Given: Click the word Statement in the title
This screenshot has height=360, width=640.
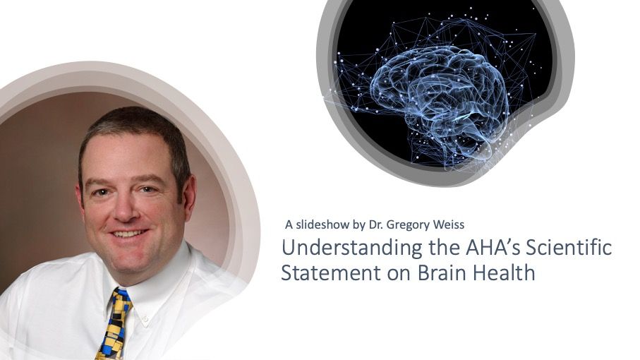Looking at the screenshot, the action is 331,272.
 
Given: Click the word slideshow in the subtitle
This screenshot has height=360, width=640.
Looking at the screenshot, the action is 322,224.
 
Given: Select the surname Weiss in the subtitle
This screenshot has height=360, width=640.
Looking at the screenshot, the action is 449,224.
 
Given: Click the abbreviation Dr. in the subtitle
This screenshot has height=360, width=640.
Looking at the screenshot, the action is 375,224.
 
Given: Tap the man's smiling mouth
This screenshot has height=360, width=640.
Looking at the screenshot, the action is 129,234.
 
